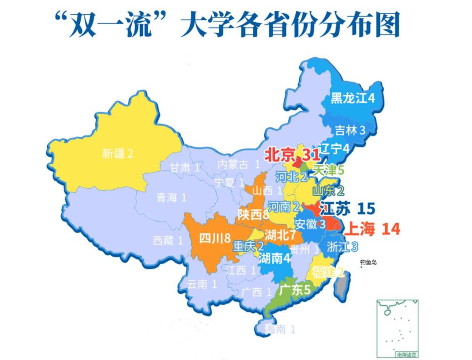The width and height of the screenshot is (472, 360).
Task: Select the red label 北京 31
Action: pos(291,155)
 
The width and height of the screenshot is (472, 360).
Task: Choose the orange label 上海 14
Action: pos(373,229)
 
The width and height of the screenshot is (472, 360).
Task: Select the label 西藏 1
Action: pos(168,241)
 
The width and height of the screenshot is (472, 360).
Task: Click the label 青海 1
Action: pos(172,197)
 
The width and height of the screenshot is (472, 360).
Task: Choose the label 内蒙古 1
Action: pos(238,164)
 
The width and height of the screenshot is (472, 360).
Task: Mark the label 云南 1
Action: pos(202,284)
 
